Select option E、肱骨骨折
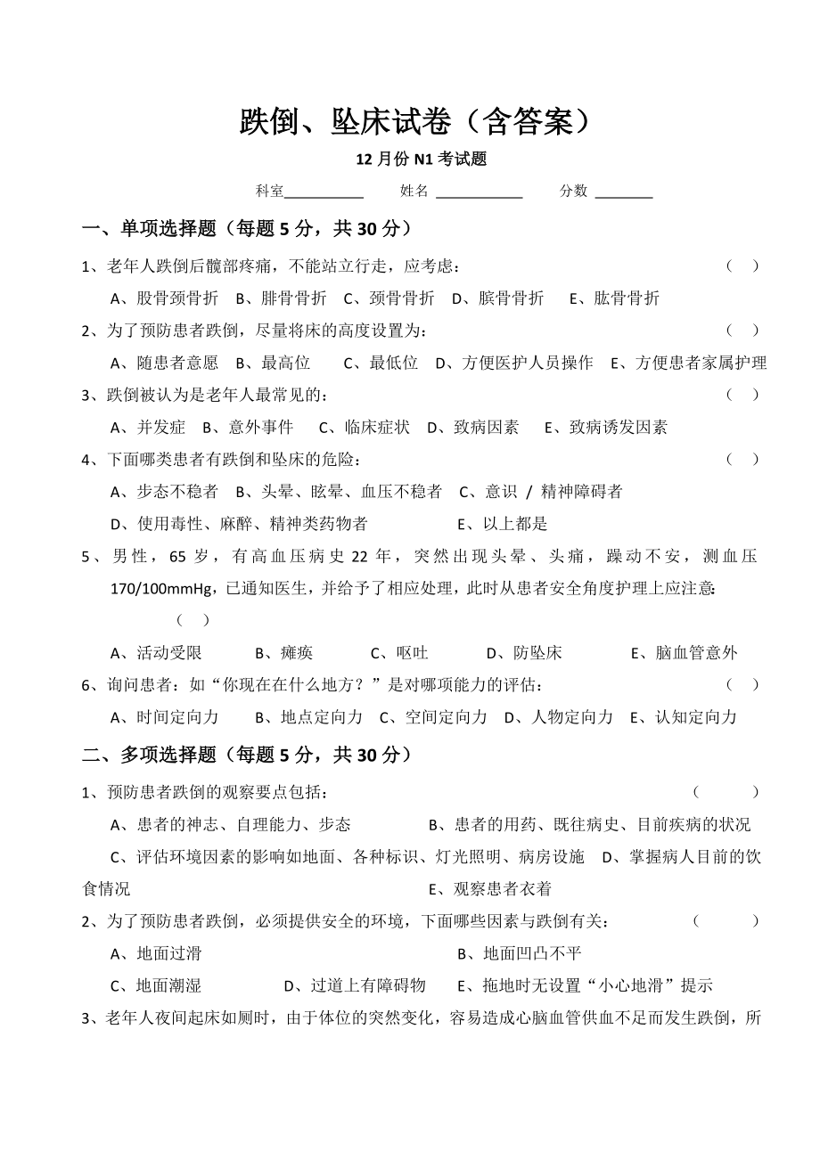614,298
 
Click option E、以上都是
502,524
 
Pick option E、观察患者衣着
489,889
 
